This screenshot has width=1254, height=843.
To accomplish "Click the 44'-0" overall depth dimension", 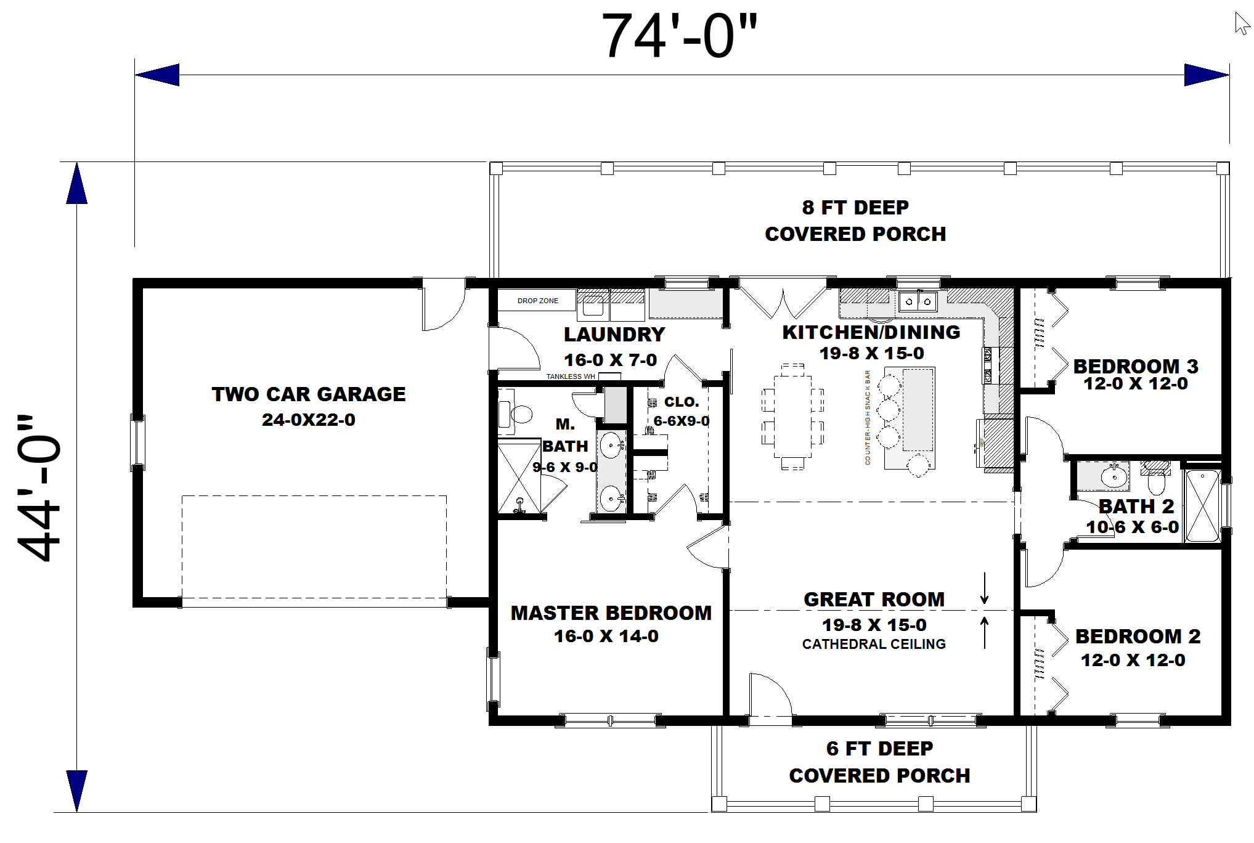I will (38, 487).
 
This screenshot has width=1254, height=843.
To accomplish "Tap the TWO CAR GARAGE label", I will (308, 394).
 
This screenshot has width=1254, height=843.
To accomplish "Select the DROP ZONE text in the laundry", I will (537, 301).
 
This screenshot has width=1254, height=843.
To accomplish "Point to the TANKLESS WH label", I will (571, 377).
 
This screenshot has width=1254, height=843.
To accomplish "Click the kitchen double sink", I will (918, 301).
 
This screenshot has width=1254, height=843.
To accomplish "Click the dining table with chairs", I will (792, 417).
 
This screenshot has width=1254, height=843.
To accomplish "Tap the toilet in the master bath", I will (518, 413).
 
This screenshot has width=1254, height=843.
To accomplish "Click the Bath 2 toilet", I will (1155, 479).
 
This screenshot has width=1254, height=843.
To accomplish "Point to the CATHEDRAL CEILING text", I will (873, 645).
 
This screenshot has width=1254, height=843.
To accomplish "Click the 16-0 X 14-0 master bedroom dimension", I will (606, 637).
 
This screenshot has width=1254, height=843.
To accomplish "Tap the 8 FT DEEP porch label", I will (855, 208).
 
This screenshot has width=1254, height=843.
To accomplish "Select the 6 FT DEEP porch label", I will (879, 749).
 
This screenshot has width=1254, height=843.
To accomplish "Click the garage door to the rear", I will (442, 305).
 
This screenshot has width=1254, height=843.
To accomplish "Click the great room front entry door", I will (770, 696).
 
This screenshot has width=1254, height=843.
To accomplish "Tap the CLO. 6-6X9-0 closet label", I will (681, 411).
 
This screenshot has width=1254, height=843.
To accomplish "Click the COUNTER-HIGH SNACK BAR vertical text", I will (868, 417).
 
